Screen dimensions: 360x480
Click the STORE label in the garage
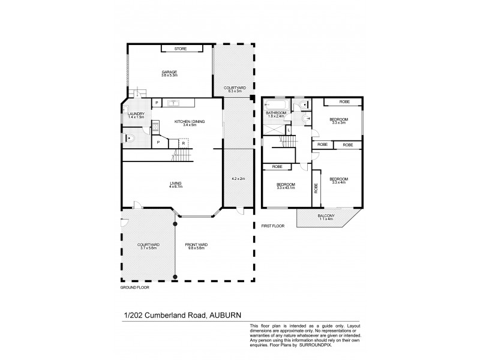point(180,49)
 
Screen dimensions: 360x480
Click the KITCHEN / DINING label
point(190,122)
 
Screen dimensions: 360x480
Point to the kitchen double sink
point(174,103)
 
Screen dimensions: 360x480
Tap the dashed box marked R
point(184,142)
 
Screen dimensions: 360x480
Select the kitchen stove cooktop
point(155,126)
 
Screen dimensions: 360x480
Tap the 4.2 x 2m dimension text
point(238,179)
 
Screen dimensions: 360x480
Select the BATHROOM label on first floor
point(275,112)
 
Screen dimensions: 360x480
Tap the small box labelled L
point(289,130)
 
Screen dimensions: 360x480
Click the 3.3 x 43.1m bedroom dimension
point(286,188)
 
